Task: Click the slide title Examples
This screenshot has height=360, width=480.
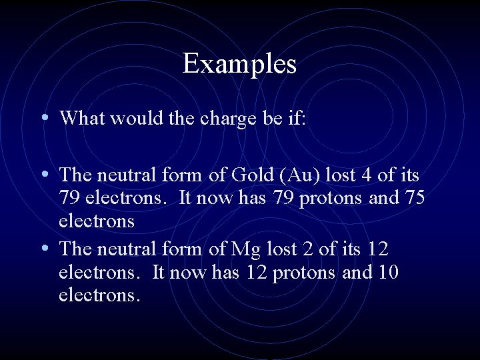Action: click(x=239, y=64)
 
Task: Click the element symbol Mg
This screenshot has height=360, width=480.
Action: click(x=243, y=249)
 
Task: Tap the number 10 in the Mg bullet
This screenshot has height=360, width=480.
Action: click(x=387, y=272)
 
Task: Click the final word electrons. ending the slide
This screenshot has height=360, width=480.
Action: click(x=99, y=295)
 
